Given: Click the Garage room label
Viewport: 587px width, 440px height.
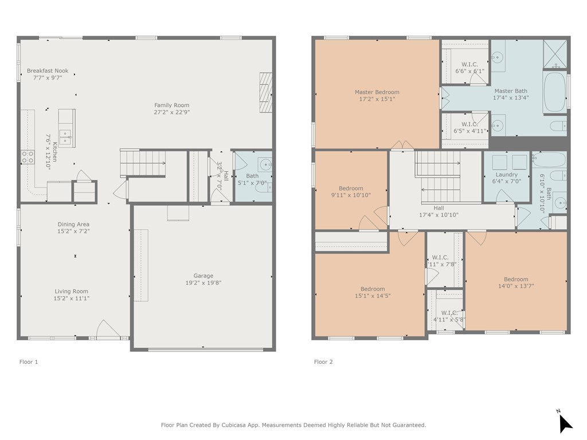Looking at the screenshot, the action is tap(204, 276).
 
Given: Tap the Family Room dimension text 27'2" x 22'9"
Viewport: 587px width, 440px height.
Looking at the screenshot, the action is tap(172, 112).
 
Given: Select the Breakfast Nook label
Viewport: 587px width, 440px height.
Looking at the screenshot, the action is tap(48, 70).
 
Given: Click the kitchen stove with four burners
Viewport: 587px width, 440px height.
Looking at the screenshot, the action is tap(28, 157).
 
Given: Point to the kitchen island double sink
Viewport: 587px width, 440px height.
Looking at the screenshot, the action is tap(65, 137).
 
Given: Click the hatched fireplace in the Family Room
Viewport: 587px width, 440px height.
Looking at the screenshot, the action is tap(266, 92).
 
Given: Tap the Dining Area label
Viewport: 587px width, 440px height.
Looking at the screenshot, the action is tap(73, 224).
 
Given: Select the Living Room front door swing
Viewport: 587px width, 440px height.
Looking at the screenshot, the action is tap(108, 329).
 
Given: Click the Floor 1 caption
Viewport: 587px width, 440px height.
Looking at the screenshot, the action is tap(29, 362).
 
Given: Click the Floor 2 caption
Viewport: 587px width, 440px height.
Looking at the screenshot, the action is tap(323, 362).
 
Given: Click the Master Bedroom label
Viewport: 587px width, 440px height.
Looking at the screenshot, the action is tap(377, 92).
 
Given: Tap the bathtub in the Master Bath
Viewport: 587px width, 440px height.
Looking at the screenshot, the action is tap(554, 92).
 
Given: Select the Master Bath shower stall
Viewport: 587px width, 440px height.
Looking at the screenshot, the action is tap(555, 54).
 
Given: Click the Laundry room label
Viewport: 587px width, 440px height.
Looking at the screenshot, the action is tap(507, 175).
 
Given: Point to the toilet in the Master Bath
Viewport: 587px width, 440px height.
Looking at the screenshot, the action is tap(559, 125).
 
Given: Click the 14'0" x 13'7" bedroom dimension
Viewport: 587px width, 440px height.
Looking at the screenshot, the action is tap(516, 286).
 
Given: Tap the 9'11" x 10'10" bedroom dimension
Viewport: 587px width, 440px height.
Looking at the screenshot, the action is tap(351, 195).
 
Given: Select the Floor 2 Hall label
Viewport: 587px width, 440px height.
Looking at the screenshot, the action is tap(439, 208).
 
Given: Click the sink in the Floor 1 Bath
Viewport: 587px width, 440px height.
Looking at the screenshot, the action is tap(265, 164).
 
